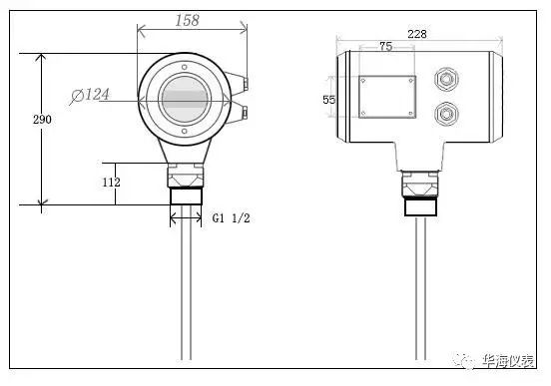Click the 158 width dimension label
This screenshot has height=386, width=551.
[x=188, y=20]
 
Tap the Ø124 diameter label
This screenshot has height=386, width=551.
[x=90, y=96]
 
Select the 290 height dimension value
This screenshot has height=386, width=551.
[x=42, y=120]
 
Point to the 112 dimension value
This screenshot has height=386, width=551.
[x=111, y=182]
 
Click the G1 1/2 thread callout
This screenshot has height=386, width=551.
[x=231, y=218]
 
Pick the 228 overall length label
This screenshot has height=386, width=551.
[x=417, y=34]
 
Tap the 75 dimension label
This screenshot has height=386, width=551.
[x=386, y=46]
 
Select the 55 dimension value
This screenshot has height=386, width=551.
[x=329, y=100]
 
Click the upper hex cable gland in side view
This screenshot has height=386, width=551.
[x=446, y=79]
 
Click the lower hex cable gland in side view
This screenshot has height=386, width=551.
[x=446, y=114]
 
